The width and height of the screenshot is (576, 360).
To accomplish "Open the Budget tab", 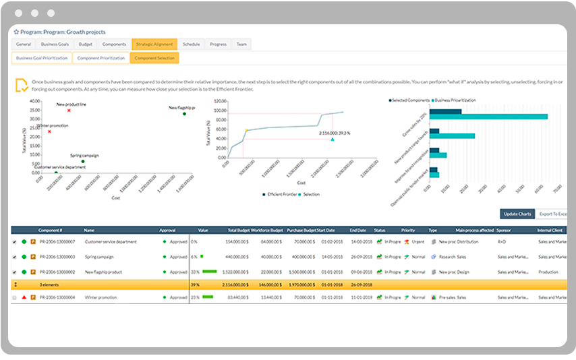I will point(86,44).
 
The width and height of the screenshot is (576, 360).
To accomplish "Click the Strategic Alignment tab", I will point(154,44).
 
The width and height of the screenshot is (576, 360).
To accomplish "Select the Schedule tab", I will point(192,44).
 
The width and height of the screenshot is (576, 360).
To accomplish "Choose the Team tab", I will point(241,44).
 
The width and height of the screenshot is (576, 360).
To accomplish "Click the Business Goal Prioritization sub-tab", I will point(42,58).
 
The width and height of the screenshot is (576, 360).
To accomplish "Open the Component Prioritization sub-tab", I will point(101,58).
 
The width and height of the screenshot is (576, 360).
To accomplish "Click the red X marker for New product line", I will point(69,111).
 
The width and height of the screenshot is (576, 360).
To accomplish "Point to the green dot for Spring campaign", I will point(83,161).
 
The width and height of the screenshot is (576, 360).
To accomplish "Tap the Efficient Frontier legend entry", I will point(281,194).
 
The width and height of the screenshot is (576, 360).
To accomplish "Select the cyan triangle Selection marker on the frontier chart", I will point(333,140).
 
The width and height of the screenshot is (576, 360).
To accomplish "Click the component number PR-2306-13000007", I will point(57,241).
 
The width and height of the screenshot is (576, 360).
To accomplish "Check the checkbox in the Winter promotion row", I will point(15,297).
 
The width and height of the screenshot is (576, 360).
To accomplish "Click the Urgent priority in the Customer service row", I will point(417,241).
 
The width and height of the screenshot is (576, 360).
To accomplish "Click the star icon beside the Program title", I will point(16,31).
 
